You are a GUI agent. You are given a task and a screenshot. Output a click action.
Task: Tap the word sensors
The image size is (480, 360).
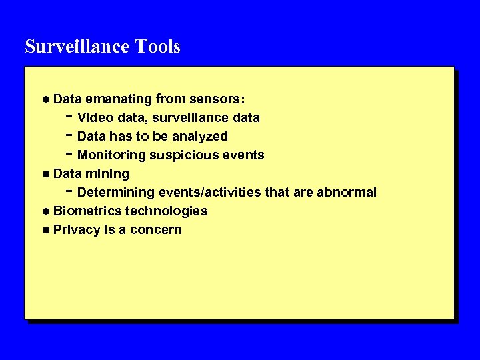coord(218,99)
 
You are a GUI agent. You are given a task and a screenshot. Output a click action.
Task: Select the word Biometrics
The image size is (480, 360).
coord(87,211)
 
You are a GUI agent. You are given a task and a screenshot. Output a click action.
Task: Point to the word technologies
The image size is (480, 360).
coord(167,211)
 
